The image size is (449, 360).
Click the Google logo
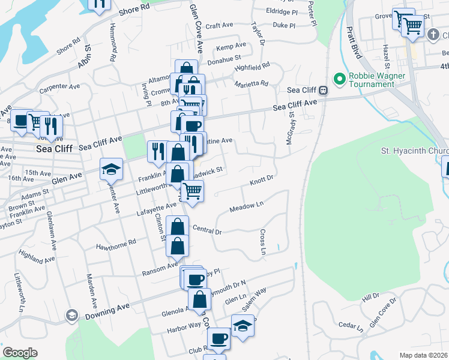pyautogui.click(x=20, y=353)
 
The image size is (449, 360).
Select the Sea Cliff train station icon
pyautogui.click(x=323, y=91)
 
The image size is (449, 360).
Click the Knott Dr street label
pyautogui.click(x=262, y=179)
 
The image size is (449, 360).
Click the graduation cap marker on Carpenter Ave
pyautogui.click(x=112, y=170)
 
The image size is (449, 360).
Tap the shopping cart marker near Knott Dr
pyautogui.click(x=192, y=191)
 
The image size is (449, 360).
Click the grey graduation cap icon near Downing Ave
pyautogui.click(x=71, y=315)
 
